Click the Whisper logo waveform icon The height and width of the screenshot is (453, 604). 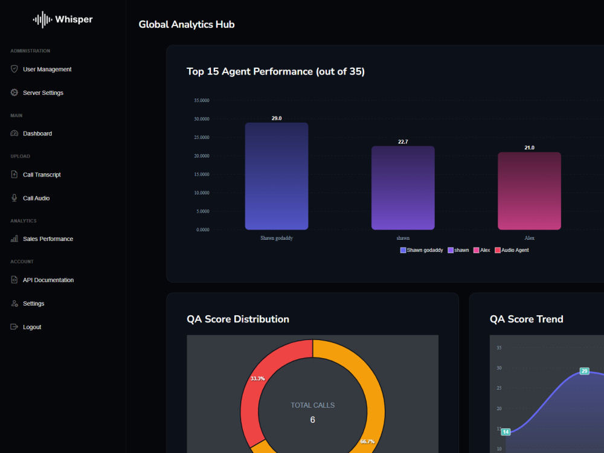(x=42, y=19)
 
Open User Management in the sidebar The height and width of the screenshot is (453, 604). (x=47, y=69)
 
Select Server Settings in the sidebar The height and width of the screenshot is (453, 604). (x=43, y=93)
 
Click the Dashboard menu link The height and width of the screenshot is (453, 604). (x=37, y=133)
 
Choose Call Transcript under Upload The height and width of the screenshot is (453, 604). (x=42, y=175)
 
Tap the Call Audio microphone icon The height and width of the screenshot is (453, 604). (x=14, y=198)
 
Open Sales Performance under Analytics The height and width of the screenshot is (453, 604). (x=48, y=239)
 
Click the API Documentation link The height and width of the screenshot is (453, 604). (x=48, y=280)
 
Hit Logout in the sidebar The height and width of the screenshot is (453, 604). (x=32, y=327)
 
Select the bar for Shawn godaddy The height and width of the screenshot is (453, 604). (x=277, y=176)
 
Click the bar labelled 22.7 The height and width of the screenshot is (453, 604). (x=403, y=188)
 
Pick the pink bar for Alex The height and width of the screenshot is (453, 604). (x=529, y=191)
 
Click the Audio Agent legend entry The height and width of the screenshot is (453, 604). (x=512, y=251)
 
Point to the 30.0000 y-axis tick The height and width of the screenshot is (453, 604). (x=202, y=119)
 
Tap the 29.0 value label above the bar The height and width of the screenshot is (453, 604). (x=277, y=118)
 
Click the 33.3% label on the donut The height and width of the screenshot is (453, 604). (x=258, y=379)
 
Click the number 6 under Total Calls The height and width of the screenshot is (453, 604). (x=312, y=420)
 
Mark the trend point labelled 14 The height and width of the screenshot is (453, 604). (x=506, y=432)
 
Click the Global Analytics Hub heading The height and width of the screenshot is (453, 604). (x=187, y=25)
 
